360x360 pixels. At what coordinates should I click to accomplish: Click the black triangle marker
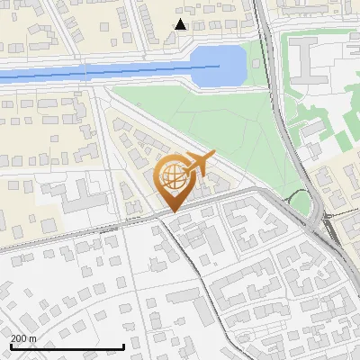point(181,24)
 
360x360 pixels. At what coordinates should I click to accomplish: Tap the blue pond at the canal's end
point(219,67)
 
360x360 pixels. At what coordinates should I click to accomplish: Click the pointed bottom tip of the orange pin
point(173,212)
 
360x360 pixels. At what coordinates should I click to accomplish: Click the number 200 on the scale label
point(19,339)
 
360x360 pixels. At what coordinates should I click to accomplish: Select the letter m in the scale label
point(33,339)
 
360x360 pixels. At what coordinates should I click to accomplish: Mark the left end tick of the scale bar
point(10,346)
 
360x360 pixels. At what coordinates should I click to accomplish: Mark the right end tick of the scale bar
point(123,346)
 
